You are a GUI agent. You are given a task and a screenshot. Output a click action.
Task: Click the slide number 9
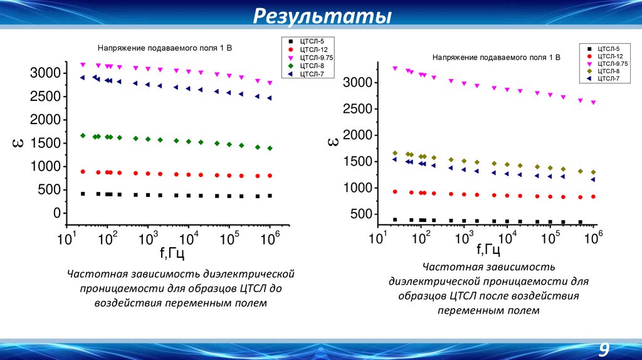(x=604, y=349)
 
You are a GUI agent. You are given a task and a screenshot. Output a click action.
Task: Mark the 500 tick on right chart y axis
(x=359, y=214)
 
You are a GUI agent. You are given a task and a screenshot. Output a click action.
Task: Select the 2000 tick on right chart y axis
(x=355, y=135)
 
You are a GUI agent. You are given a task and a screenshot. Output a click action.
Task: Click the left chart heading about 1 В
(x=164, y=48)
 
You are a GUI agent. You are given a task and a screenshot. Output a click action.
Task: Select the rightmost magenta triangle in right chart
(x=593, y=102)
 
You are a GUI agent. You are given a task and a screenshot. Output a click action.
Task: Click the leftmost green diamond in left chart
(x=83, y=135)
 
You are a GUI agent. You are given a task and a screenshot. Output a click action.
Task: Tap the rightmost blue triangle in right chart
(x=593, y=179)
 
